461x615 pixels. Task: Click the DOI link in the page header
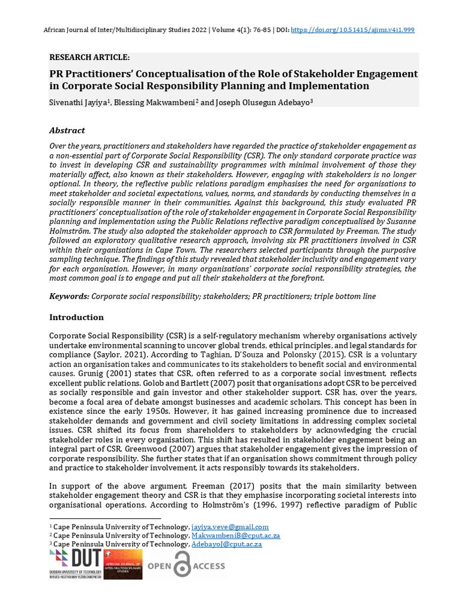pos(352,29)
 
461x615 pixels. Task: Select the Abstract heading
pos(67,130)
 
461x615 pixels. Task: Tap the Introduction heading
pos(76,317)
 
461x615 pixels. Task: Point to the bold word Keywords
pos(69,297)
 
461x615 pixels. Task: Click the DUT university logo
pos(75,564)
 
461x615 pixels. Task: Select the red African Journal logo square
pos(123,564)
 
